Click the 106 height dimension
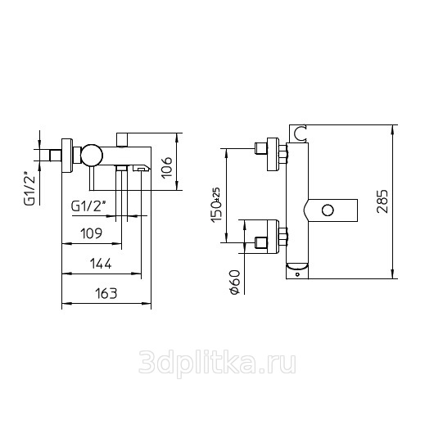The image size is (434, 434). click(167, 168)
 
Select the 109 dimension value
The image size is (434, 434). click(91, 233)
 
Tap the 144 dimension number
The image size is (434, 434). click(101, 264)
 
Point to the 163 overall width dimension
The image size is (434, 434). click(106, 293)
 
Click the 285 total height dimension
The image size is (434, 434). click(382, 201)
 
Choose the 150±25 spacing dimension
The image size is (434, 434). click(216, 205)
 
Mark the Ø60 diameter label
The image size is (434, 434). click(234, 282)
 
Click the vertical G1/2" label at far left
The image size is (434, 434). click(30, 190)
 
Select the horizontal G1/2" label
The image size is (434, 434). click(88, 206)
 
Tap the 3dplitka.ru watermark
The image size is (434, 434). click(218, 363)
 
